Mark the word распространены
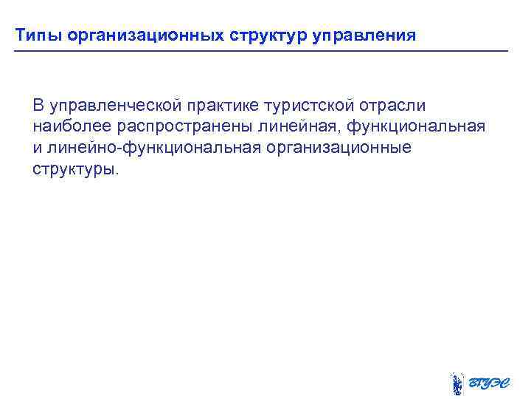(x=173, y=126)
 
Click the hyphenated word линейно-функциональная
(x=153, y=148)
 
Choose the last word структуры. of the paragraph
(x=75, y=169)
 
